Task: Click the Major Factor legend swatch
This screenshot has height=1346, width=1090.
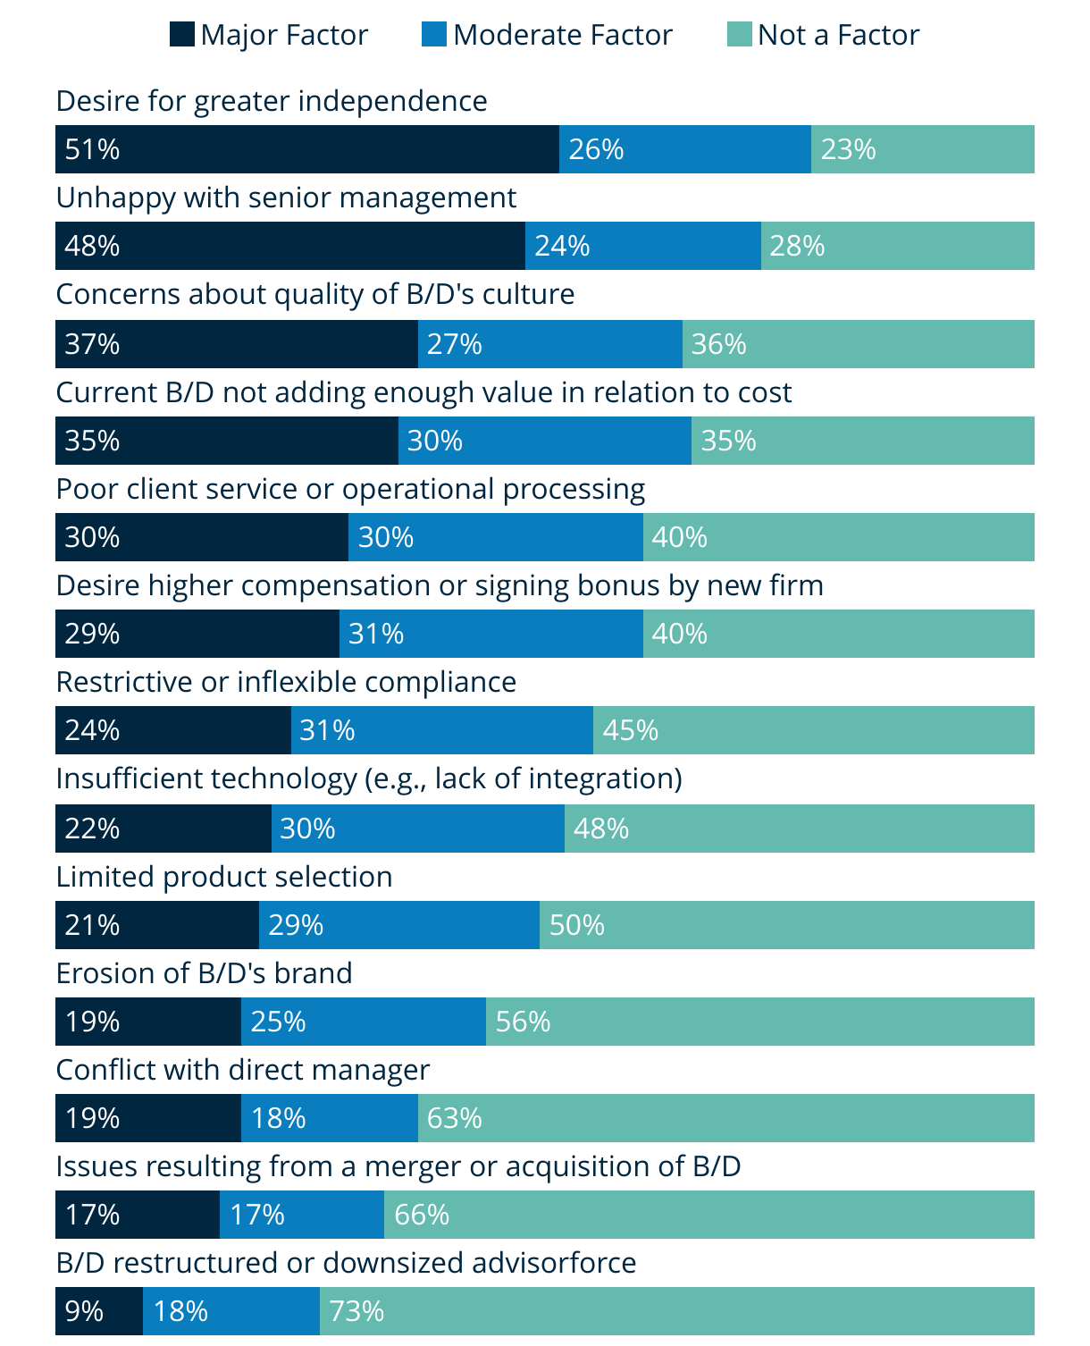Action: click(x=181, y=35)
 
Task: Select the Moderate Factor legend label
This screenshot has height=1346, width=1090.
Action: click(x=562, y=35)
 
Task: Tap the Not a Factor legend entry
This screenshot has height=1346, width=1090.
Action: click(x=837, y=35)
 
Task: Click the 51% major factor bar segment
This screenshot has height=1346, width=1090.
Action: click(x=306, y=149)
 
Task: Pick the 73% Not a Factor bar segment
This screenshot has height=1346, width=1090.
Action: click(x=676, y=1311)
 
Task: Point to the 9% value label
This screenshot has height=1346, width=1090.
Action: click(x=84, y=1311)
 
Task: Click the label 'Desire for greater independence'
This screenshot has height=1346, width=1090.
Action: click(x=272, y=101)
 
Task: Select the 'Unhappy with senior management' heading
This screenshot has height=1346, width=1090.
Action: click(x=286, y=198)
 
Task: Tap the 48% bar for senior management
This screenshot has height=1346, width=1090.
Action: click(x=289, y=246)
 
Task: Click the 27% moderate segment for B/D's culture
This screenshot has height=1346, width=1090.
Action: click(x=549, y=344)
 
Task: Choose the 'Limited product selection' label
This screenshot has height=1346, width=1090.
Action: click(x=224, y=877)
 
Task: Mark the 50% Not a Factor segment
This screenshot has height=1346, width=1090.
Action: click(x=786, y=925)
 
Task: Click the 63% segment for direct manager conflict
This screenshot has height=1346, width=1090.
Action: click(x=725, y=1118)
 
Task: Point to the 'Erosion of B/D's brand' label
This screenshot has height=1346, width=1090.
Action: click(x=204, y=973)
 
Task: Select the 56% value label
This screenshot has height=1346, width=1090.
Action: click(x=523, y=1022)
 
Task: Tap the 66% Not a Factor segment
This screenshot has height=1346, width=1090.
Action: click(x=708, y=1215)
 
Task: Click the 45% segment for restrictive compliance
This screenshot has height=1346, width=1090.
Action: click(x=813, y=730)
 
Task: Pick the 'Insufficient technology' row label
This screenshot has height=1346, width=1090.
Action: click(x=368, y=778)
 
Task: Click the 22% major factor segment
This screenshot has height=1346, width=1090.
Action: click(x=163, y=829)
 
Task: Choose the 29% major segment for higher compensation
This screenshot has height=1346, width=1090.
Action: click(x=197, y=634)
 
